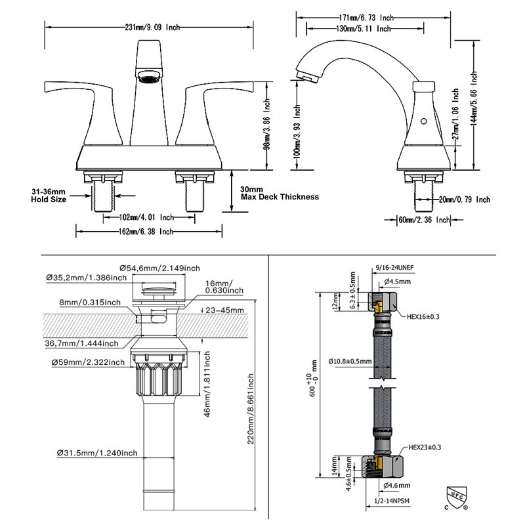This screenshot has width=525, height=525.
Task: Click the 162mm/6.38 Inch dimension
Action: coord(146,231)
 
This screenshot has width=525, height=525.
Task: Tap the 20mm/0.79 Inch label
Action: coord(465,199)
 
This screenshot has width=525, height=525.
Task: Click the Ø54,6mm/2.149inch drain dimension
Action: coord(159,268)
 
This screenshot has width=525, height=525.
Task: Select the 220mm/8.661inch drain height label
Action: coord(250,410)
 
